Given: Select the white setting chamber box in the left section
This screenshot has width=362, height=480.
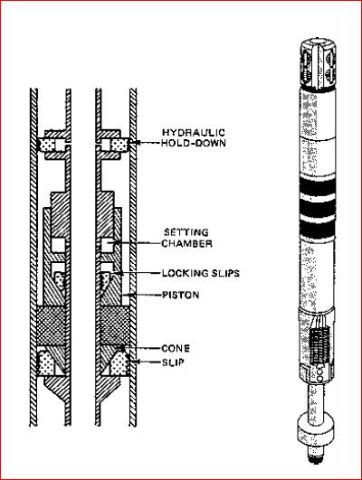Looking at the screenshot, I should click(x=60, y=244).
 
